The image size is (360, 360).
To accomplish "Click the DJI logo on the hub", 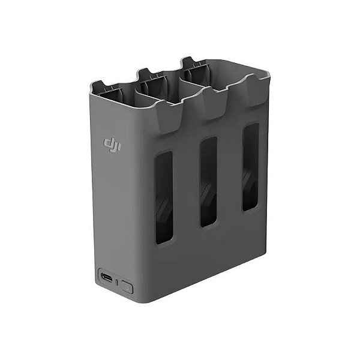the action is tap(112, 145).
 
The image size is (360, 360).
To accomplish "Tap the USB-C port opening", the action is tap(107, 278).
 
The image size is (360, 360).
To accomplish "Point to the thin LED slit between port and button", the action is tap(117, 282).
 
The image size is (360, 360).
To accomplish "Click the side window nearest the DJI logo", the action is tap(164, 197).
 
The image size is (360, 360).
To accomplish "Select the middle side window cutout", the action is tap(208, 182).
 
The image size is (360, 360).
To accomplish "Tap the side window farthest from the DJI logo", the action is tap(250, 167).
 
